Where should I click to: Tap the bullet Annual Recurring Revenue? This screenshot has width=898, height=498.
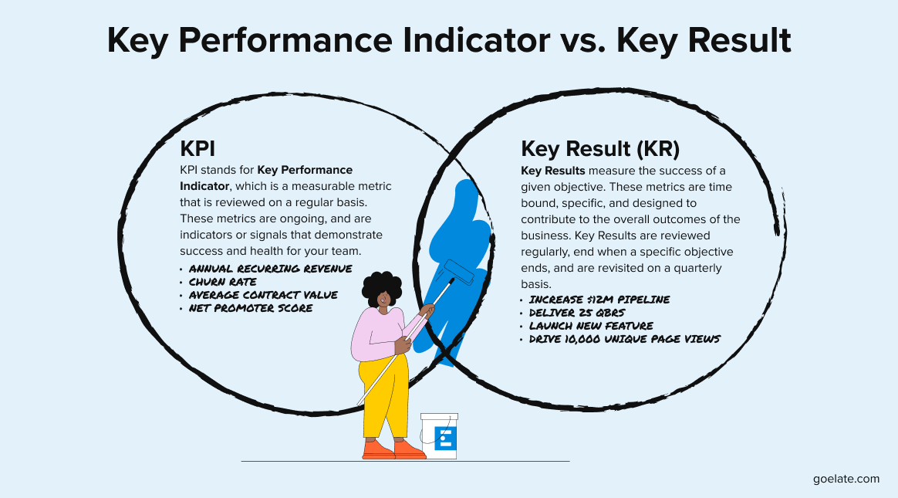click(270, 269)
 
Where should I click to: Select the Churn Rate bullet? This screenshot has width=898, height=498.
click(224, 282)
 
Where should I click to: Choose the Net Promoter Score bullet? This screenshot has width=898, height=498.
click(252, 308)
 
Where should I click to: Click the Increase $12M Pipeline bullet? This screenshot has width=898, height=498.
click(599, 299)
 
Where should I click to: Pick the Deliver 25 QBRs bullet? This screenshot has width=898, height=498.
click(578, 312)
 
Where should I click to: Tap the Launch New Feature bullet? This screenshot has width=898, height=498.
click(591, 325)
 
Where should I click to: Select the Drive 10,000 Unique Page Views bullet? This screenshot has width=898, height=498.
click(624, 338)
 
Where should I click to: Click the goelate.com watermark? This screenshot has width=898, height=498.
click(846, 479)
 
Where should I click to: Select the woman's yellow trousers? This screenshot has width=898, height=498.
click(383, 398)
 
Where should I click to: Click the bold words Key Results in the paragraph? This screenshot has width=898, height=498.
click(553, 171)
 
